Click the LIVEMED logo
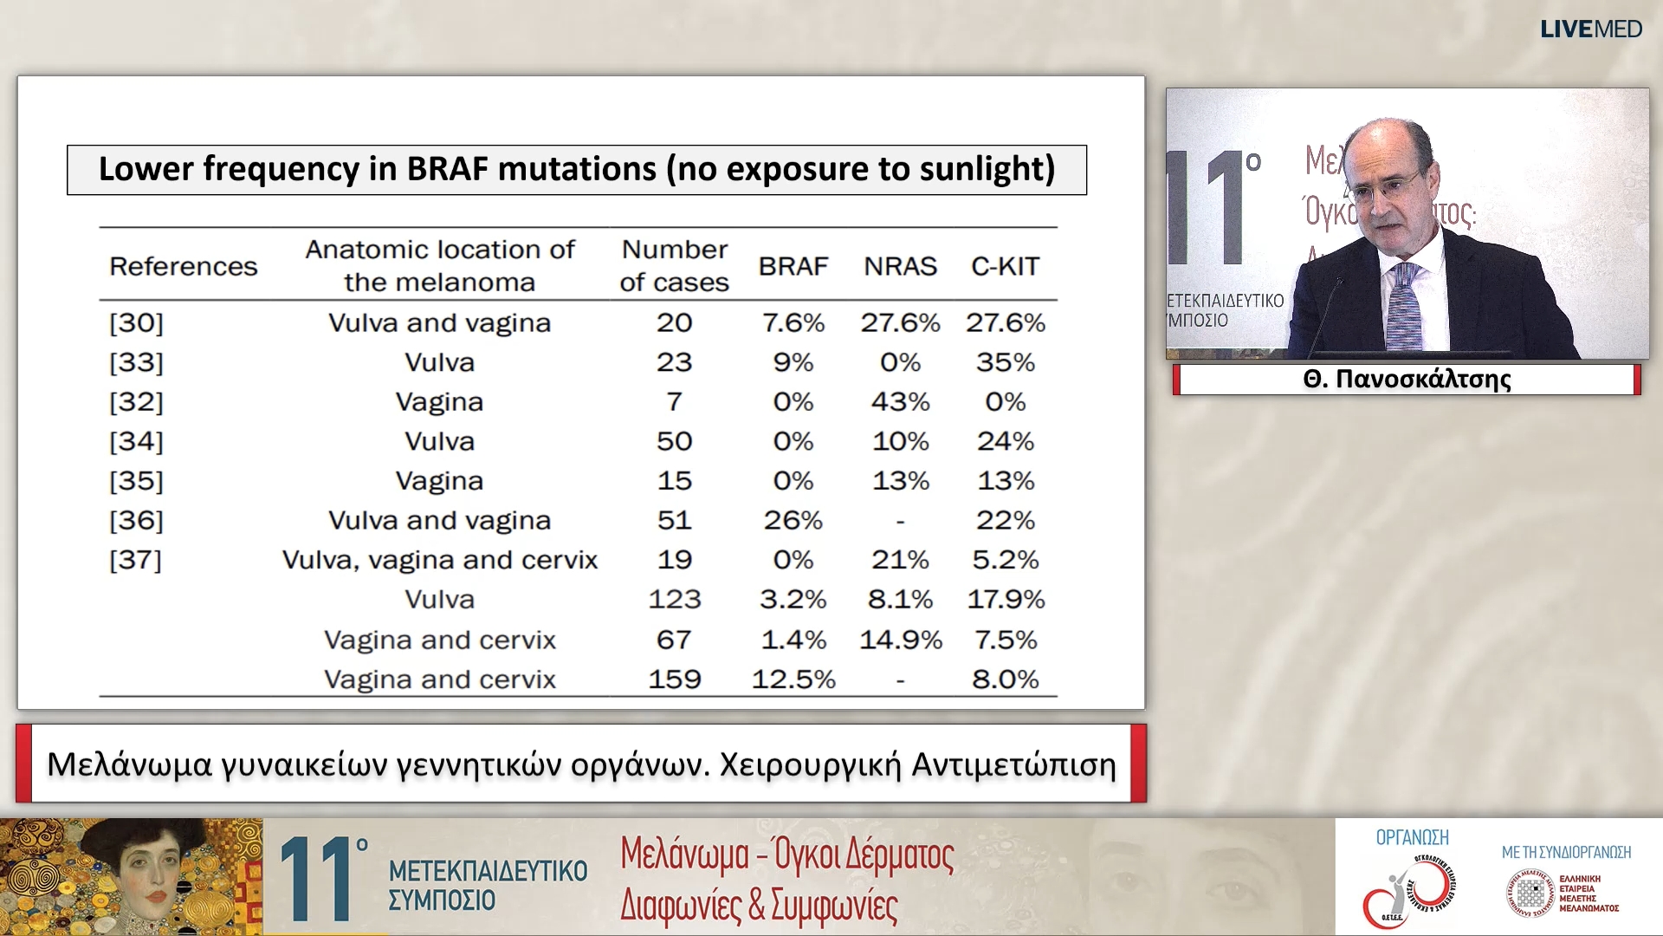point(1590,29)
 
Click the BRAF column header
point(793,266)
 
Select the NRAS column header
point(900,266)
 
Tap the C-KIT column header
point(1005,266)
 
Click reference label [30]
point(136,323)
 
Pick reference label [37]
point(136,560)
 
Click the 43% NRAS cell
point(900,402)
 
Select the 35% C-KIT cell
point(1005,362)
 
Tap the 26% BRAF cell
point(793,520)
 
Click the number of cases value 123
point(674,599)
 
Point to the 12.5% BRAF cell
point(793,679)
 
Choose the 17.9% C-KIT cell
point(1006,599)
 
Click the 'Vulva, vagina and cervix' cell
point(440,560)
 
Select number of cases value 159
point(674,679)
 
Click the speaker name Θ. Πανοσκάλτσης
point(1407,380)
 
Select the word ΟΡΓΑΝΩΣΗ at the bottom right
point(1412,837)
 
